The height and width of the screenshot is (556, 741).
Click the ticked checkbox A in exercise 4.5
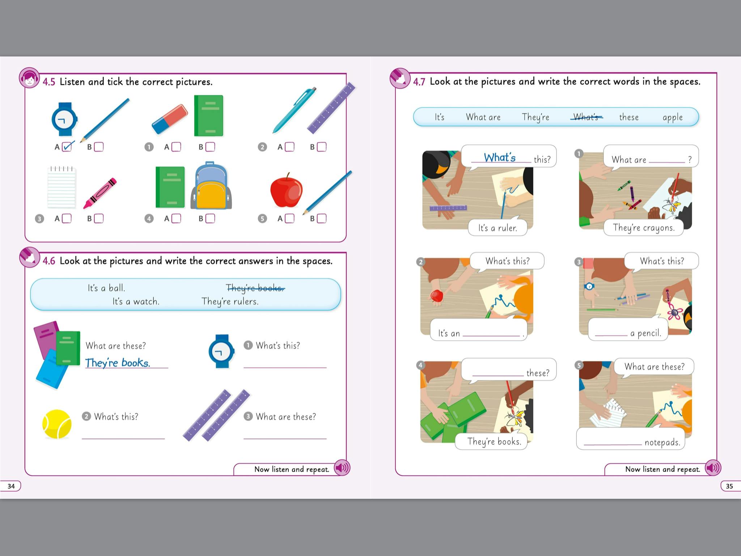(67, 147)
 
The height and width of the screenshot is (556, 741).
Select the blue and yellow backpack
(211, 186)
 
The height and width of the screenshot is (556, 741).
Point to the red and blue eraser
(170, 119)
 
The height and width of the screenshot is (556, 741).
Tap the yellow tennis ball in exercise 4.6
(57, 424)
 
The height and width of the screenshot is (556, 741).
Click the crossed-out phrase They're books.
(255, 288)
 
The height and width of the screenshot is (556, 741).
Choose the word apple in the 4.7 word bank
(673, 118)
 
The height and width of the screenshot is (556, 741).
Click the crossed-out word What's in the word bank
(586, 117)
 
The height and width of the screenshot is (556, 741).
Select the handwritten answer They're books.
(118, 363)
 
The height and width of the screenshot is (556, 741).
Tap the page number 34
(11, 486)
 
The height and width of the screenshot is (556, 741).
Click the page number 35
(729, 486)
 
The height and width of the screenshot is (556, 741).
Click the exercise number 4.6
(49, 261)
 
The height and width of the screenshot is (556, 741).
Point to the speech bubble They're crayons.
(644, 228)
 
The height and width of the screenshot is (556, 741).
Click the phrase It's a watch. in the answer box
(136, 302)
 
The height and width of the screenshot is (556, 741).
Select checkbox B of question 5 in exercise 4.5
(321, 218)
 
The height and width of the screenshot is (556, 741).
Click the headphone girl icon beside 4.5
(29, 78)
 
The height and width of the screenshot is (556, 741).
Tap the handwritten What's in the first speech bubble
(500, 157)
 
